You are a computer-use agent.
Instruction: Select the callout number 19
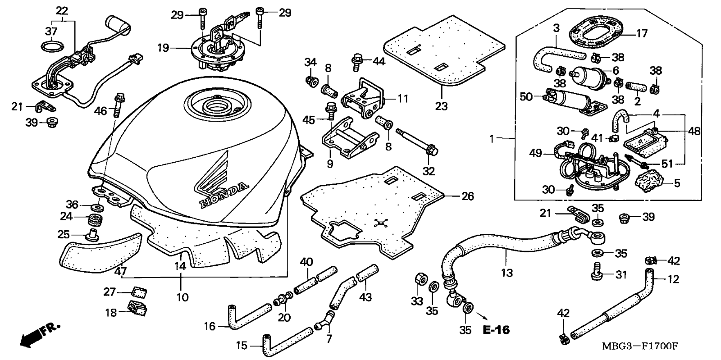(x=163, y=48)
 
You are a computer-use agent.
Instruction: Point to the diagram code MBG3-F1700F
(x=640, y=346)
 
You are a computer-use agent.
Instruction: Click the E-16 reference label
(x=496, y=330)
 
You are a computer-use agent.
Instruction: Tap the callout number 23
(x=441, y=106)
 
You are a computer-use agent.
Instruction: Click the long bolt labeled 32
(x=417, y=141)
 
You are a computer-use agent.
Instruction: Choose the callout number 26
(x=467, y=196)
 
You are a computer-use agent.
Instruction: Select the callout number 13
(x=507, y=273)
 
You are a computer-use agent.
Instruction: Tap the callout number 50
(x=526, y=96)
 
